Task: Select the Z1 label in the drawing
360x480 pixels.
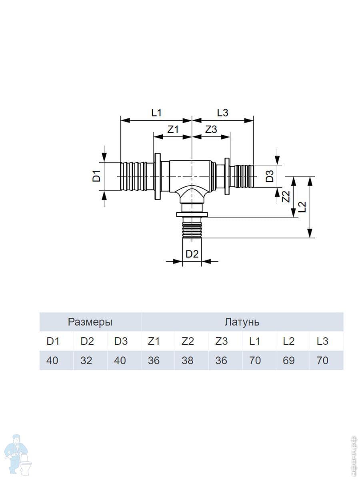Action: pyautogui.click(x=173, y=129)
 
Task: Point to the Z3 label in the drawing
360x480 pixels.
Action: pyautogui.click(x=211, y=129)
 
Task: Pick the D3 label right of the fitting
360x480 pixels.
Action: pyautogui.click(x=271, y=176)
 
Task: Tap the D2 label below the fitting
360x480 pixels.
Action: pyautogui.click(x=192, y=254)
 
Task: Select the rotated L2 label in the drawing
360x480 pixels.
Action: pyautogui.click(x=303, y=206)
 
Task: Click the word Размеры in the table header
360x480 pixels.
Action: pyautogui.click(x=90, y=322)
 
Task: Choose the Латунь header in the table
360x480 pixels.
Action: pyautogui.click(x=242, y=322)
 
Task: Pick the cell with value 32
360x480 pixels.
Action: pyautogui.click(x=86, y=360)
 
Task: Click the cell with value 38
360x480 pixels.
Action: pyautogui.click(x=187, y=360)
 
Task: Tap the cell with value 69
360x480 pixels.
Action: pyautogui.click(x=288, y=360)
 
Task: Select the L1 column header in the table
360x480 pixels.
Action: pyautogui.click(x=255, y=341)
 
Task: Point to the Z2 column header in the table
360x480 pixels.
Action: pyautogui.click(x=187, y=341)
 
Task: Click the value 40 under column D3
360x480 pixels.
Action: pyautogui.click(x=120, y=360)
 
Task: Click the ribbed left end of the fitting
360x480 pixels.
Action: pyautogui.click(x=133, y=176)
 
